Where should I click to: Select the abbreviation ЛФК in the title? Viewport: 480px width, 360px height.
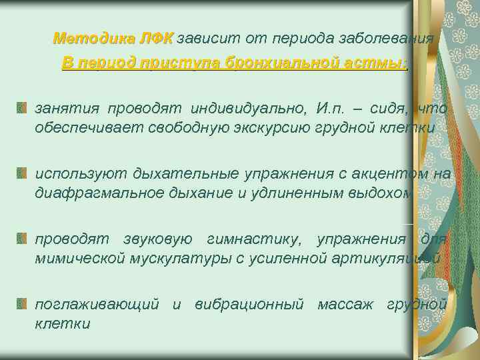pyautogui.click(x=155, y=38)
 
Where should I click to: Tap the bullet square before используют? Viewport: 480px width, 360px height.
pyautogui.click(x=23, y=174)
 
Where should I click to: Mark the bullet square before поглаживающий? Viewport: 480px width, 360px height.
pyautogui.click(x=23, y=305)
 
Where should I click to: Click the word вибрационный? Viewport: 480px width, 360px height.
pyautogui.click(x=249, y=305)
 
